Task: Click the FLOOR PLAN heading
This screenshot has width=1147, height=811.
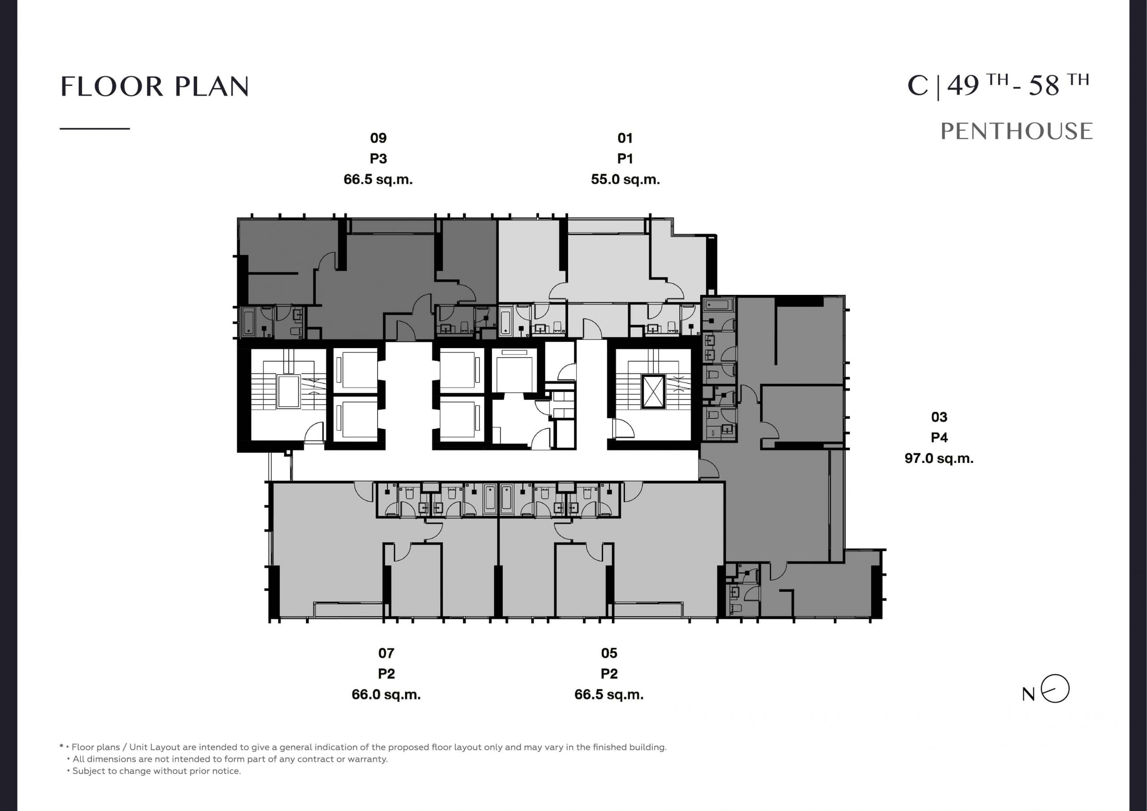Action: coord(155,86)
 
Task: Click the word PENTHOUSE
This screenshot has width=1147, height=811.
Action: coord(1017,131)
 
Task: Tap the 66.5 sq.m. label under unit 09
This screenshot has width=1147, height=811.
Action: coord(378,179)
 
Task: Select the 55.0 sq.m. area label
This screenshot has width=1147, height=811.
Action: coord(625,179)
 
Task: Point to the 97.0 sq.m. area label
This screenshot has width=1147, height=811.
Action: coord(939,458)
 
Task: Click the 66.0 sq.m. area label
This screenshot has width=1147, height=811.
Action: coord(386,695)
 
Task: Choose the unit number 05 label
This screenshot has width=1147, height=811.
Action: coord(609,653)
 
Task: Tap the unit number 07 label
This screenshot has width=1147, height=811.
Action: coord(386,653)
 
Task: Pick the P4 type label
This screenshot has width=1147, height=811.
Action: coord(939,438)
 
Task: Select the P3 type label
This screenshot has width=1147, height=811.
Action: coord(378,159)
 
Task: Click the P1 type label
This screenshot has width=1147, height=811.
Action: coord(625,159)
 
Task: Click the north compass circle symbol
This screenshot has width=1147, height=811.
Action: coord(1055,689)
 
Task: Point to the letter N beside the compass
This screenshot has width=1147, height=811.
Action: coord(1029,694)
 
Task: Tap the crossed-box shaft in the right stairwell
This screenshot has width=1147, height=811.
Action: coord(653,391)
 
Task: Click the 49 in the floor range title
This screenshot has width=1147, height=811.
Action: coord(963,86)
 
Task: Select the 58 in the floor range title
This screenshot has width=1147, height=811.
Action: coord(1044,86)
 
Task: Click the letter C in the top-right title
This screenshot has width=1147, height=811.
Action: coord(918,86)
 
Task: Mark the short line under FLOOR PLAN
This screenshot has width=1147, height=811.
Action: coord(95,129)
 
